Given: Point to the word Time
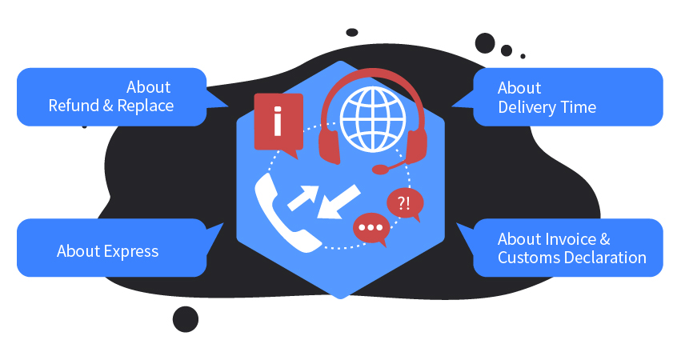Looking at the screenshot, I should tap(578, 106).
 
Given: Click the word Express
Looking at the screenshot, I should tap(131, 251).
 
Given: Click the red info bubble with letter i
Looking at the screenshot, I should tap(278, 122).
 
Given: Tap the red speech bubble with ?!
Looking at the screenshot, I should tap(404, 203).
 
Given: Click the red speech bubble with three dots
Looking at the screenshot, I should tap(371, 228).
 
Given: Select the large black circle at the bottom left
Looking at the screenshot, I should tap(185, 318).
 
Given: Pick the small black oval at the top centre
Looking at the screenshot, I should tap(351, 33).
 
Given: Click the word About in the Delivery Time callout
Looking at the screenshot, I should tap(519, 88).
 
